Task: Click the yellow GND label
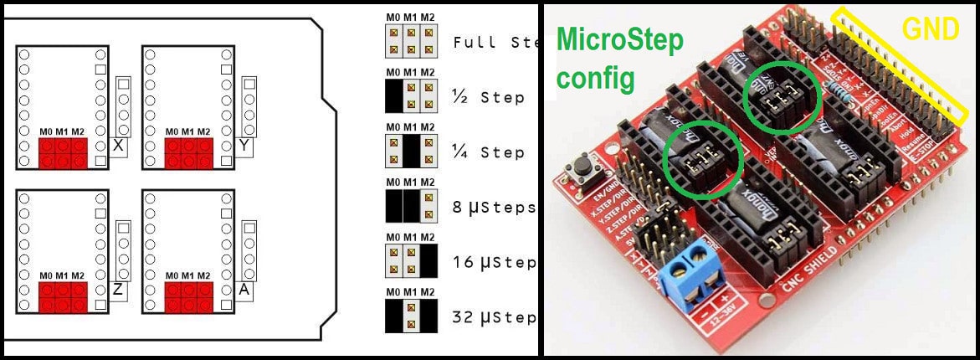(930, 30)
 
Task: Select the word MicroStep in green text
(619, 39)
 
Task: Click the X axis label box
(118, 146)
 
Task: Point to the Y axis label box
(244, 146)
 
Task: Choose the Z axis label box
(118, 290)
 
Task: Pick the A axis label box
(244, 290)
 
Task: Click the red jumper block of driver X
(62, 152)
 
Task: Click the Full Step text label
(493, 42)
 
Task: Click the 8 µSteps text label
(493, 207)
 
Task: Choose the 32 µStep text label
(493, 318)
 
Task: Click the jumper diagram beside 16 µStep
(411, 261)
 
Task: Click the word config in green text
(596, 79)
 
